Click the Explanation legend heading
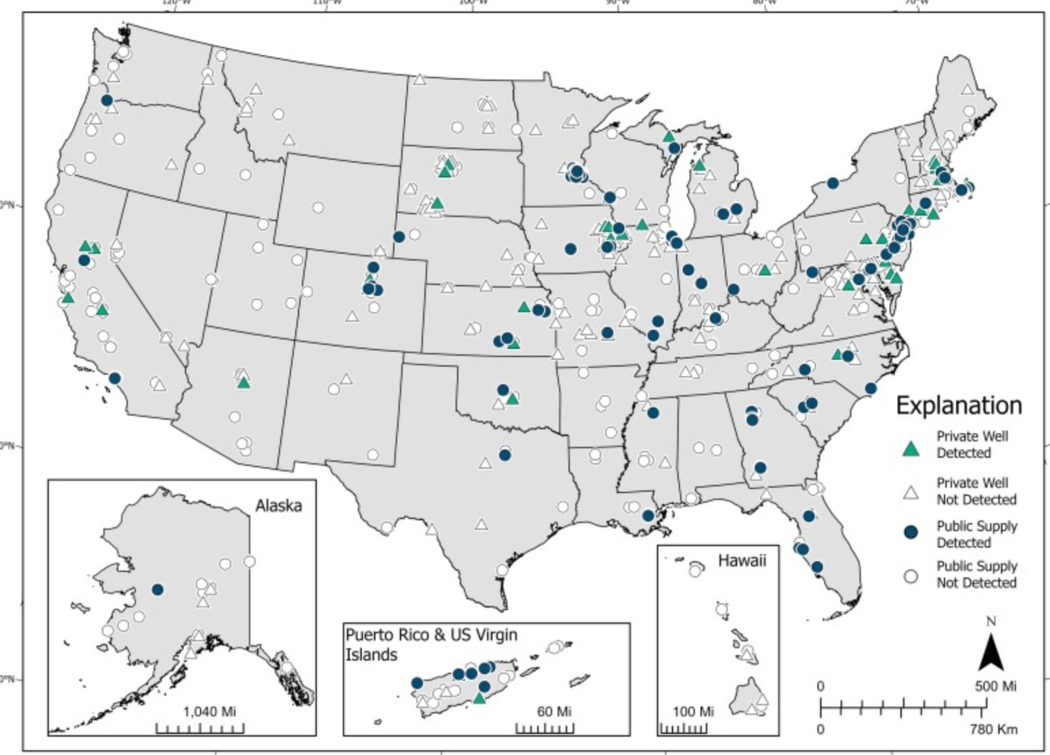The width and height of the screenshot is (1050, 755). [958, 405]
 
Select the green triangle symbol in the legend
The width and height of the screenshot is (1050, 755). [910, 448]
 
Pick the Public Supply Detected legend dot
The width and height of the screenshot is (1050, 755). [910, 532]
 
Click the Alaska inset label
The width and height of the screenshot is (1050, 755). [278, 506]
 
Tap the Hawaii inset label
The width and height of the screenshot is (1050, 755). [742, 560]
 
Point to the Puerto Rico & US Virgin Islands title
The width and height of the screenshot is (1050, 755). [430, 644]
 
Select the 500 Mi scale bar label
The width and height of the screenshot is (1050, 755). [995, 686]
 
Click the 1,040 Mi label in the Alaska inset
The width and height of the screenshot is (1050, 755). [209, 711]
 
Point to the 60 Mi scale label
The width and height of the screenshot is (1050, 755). [554, 711]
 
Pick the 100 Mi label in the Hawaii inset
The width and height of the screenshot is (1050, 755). [693, 711]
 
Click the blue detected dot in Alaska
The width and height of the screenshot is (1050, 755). [158, 590]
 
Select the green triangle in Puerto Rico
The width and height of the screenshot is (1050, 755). [479, 699]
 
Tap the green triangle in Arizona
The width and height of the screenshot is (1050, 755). [243, 383]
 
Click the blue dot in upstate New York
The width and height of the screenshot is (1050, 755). [832, 183]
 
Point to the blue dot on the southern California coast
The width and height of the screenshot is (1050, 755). [114, 378]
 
